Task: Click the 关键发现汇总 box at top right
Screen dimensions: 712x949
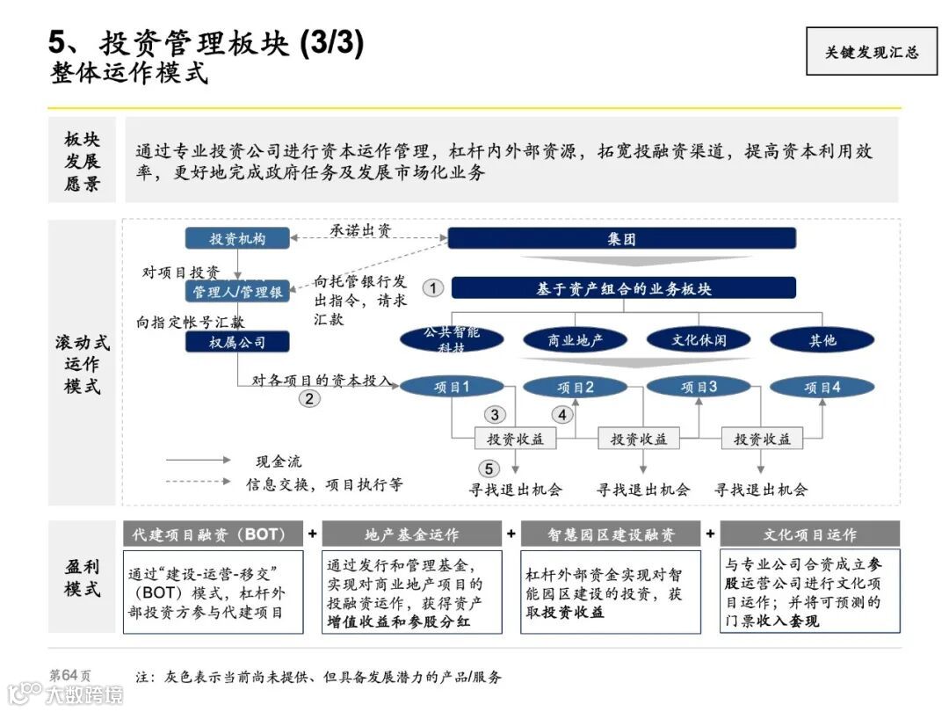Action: [x=871, y=51]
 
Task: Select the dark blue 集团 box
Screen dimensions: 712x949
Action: [x=621, y=238]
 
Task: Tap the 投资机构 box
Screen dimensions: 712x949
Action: [x=237, y=238]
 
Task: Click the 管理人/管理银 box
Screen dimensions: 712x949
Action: [x=237, y=291]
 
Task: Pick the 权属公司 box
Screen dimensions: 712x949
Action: [x=237, y=341]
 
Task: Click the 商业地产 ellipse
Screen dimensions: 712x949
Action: [x=576, y=340]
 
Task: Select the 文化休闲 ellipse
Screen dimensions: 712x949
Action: [x=699, y=339]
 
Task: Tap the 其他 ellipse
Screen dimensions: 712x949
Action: [x=822, y=340]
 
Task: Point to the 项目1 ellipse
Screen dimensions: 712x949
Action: [x=453, y=386]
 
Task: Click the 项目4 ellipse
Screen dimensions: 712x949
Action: [x=822, y=386]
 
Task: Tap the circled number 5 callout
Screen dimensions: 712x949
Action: [x=489, y=469]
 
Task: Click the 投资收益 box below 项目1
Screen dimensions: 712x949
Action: [x=516, y=439]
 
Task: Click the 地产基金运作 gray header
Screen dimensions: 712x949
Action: [x=411, y=534]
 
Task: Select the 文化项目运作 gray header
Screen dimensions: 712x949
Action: [x=809, y=534]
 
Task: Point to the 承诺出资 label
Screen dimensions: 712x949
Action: [x=361, y=230]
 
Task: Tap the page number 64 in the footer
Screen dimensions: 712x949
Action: [x=71, y=674]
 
